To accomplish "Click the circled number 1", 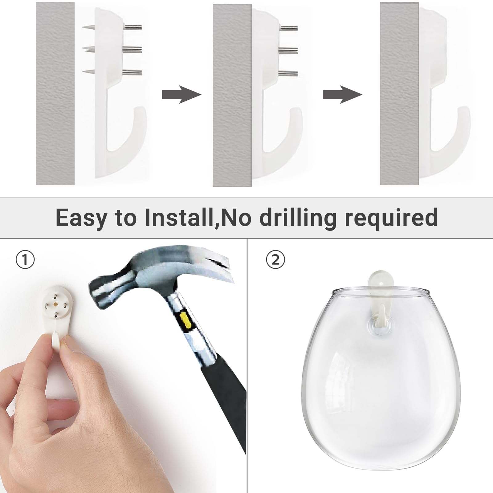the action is [x=25, y=259].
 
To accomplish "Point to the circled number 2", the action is [x=276, y=259].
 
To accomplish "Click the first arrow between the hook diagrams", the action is [x=181, y=95].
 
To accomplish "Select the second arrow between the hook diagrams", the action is [x=342, y=95].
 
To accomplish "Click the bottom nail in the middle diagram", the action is [x=288, y=73].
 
